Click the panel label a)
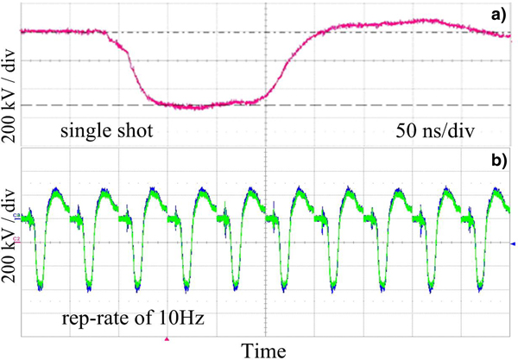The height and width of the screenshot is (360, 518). click(500, 13)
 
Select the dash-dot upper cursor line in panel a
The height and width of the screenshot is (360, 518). click(388, 34)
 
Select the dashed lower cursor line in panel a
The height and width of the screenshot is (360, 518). click(388, 104)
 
